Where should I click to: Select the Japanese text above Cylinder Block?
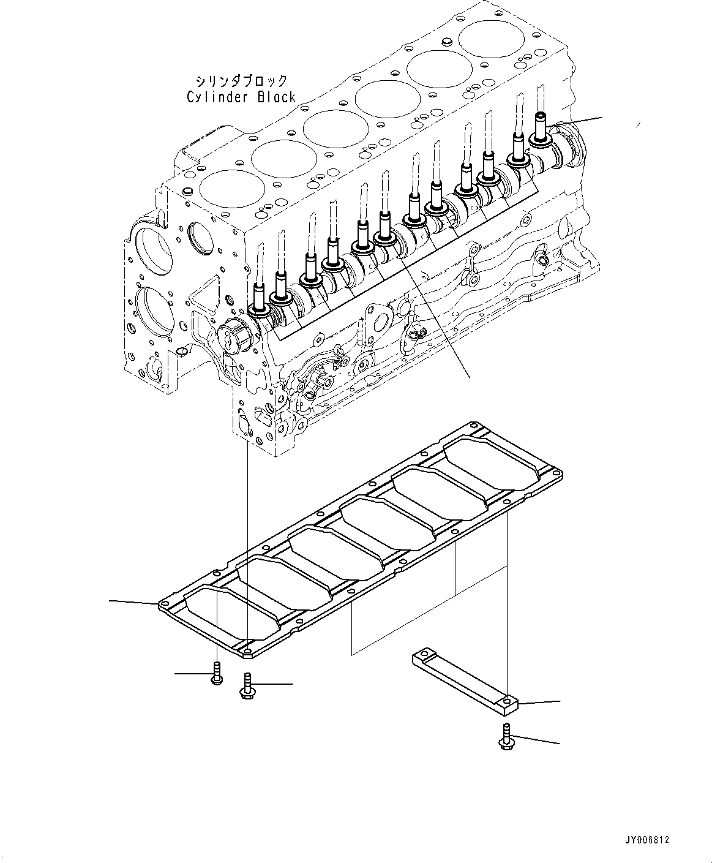pyautogui.click(x=241, y=81)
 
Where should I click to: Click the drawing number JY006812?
pyautogui.click(x=647, y=840)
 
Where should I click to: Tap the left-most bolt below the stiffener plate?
pyautogui.click(x=216, y=674)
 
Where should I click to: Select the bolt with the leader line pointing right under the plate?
pyautogui.click(x=246, y=686)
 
